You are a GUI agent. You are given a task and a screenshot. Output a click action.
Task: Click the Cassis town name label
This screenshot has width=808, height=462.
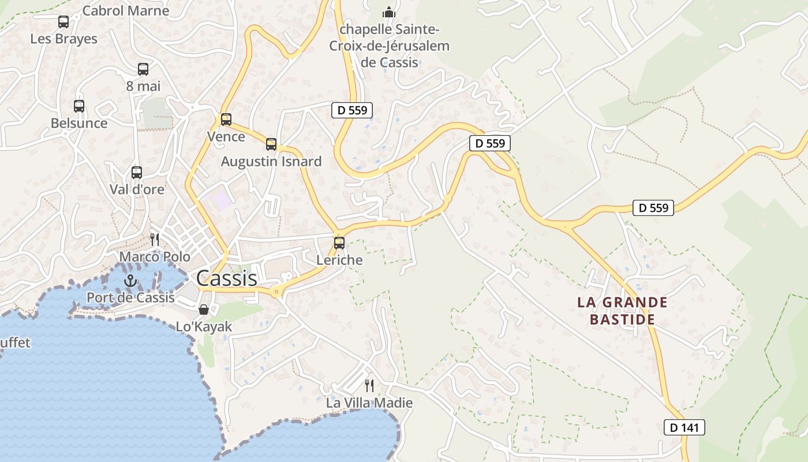(x=227, y=278)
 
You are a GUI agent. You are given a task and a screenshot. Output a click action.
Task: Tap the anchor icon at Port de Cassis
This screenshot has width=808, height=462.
(x=130, y=281)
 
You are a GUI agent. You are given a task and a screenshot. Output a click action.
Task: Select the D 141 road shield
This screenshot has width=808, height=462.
(x=684, y=427)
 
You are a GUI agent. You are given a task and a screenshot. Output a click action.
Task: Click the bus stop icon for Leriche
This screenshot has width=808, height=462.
(x=339, y=243)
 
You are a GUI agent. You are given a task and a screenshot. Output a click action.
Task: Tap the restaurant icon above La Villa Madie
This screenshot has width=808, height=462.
(x=369, y=385)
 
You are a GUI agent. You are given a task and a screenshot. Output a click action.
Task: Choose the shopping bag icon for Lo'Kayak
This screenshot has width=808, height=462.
(x=203, y=310)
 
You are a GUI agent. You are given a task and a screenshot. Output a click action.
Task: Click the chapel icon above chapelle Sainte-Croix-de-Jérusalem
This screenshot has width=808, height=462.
(x=390, y=12)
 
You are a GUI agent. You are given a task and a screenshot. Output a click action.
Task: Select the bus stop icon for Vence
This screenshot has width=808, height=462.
(x=226, y=120)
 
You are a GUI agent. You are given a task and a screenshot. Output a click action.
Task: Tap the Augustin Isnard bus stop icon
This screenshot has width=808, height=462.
(x=271, y=144)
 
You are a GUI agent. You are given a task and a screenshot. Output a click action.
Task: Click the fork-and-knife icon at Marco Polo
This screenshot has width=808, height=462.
(x=155, y=239)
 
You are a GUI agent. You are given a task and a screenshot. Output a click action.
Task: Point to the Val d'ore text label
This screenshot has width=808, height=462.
(x=137, y=189)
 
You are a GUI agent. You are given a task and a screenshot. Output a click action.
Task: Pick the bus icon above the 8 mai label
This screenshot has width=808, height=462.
(x=143, y=69)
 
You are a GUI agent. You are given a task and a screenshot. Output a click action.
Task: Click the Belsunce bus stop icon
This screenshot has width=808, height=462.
(x=79, y=106)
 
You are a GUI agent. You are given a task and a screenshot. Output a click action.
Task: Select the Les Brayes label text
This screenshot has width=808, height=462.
(x=63, y=39)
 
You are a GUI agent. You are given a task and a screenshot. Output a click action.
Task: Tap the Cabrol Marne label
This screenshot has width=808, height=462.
(x=126, y=10)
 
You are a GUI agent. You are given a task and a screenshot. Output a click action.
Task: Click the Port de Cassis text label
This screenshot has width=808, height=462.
(x=130, y=297)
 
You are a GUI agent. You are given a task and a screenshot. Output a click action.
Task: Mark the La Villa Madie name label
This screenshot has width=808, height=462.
(x=369, y=403)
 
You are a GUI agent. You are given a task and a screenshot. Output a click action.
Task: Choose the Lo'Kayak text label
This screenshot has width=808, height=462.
(x=204, y=327)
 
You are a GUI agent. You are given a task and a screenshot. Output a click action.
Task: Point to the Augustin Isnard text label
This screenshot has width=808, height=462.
(x=271, y=162)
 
